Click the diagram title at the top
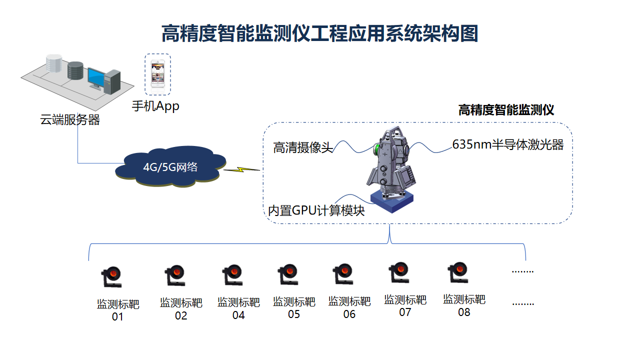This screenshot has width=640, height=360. coord(319,33)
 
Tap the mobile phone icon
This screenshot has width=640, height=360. coord(157,73)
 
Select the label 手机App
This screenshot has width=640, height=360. coord(155,106)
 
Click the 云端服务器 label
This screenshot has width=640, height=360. coord(70,119)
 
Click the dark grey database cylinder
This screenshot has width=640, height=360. coord(75,70)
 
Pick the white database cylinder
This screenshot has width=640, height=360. coord(54,63)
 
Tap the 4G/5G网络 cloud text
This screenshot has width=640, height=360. coord(170,167)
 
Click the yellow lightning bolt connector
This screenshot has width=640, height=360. coord(241,169)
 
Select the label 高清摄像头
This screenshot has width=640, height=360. coord(303,147)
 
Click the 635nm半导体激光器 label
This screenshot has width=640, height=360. coord(507,144)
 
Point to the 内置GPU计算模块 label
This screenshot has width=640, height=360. coord(316,210)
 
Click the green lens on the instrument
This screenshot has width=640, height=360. coord(377,148)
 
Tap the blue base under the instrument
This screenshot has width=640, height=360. coord(391,201)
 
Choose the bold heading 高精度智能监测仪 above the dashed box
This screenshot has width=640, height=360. coord(506,110)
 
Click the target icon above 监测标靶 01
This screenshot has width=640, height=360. coord(111,277)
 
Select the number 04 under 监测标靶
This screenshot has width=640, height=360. coord(238,315)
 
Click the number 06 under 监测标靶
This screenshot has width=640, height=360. coord(349,314)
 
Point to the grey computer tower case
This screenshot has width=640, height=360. coord(112,82)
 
